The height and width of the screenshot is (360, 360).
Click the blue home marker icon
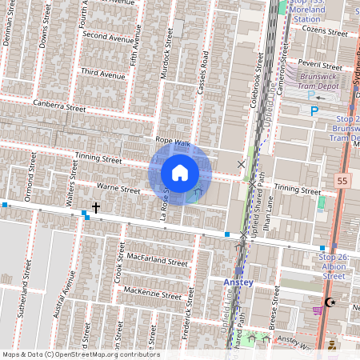(179, 173)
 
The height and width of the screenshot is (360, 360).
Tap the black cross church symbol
(96, 208)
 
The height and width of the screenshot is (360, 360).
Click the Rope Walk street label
(174, 142)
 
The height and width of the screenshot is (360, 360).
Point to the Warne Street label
(118, 189)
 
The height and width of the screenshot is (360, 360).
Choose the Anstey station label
(238, 282)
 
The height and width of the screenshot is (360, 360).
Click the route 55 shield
(343, 182)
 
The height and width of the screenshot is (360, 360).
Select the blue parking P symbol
(314, 111)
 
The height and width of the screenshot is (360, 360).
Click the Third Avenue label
(103, 74)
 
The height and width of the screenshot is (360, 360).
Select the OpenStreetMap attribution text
(80, 354)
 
